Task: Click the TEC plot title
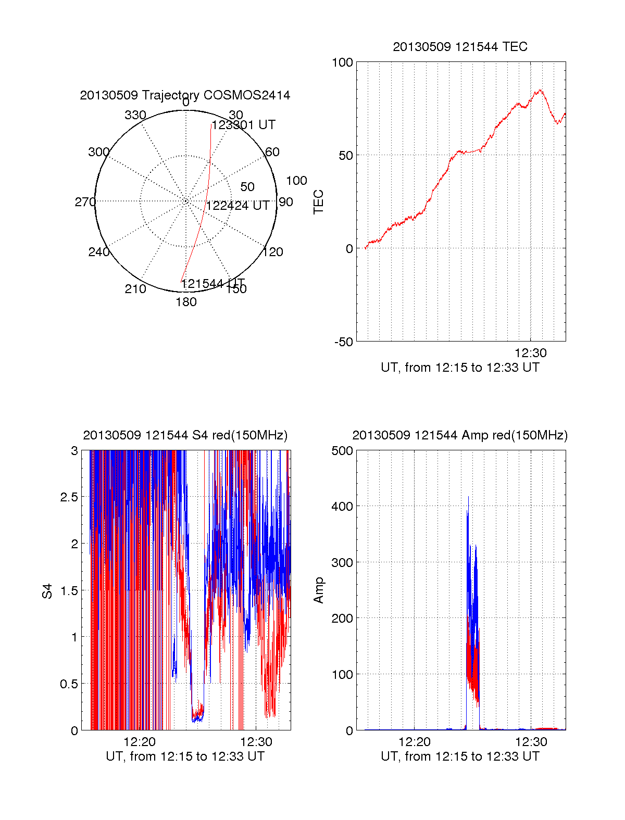460,47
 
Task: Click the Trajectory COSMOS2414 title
185,95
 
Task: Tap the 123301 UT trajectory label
243,125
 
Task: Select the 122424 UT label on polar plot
238,206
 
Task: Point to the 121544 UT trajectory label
213,284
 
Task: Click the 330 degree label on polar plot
135,115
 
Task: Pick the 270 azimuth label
85,202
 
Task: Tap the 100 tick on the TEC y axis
342,62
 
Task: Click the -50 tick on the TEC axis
344,342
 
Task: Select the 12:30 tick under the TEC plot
531,353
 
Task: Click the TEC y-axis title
318,202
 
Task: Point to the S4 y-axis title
47,591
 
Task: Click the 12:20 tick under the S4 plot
140,742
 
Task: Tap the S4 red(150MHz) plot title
185,435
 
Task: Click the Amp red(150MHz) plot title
460,435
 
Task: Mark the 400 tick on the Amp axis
342,506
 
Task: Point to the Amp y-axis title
318,590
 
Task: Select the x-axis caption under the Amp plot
460,756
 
